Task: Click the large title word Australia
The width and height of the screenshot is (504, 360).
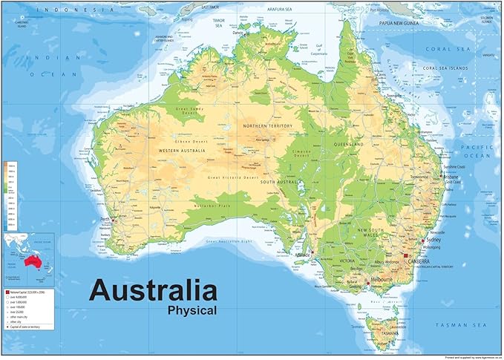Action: click(x=153, y=289)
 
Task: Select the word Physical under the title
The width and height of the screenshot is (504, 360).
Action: click(x=192, y=310)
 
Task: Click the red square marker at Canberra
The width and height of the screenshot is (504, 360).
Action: click(x=406, y=256)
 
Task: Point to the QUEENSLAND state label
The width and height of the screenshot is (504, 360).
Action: click(x=348, y=143)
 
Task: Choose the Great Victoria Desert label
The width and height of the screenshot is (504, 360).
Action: click(x=233, y=178)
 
